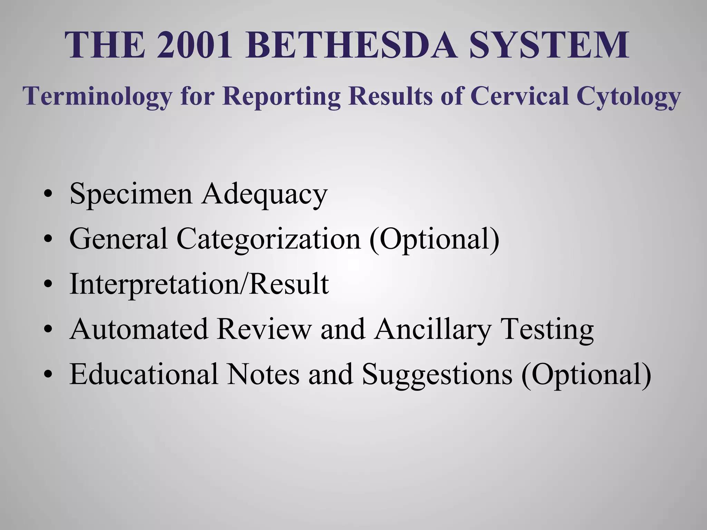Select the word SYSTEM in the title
[549, 45]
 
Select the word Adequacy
[264, 194]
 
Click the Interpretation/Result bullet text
[199, 284]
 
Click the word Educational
[144, 374]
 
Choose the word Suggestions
[437, 375]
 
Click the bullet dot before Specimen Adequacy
[48, 194]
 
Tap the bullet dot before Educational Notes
[48, 375]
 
